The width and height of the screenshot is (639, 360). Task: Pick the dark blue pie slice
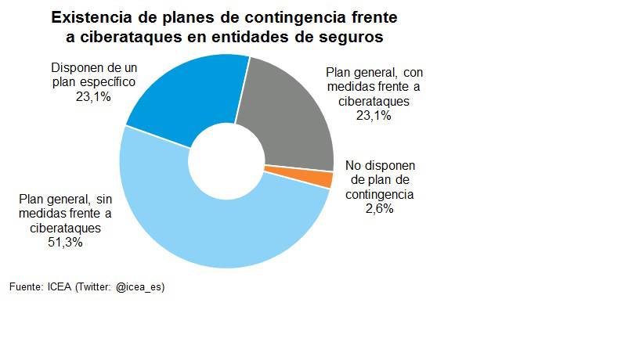coord(188,98)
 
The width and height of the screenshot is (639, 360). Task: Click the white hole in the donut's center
coord(226,161)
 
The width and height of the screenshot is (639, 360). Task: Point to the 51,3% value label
coord(67,243)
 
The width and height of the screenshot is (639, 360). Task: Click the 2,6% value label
coord(379,209)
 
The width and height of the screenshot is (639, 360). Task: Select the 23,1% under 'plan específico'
coord(92,96)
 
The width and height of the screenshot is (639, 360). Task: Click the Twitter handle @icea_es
coord(140,287)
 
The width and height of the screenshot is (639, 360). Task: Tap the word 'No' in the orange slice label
coord(353,166)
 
